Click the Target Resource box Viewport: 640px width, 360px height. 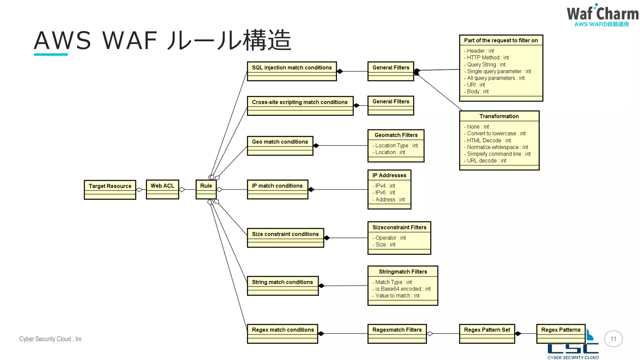[110, 189]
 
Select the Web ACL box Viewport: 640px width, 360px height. [162, 189]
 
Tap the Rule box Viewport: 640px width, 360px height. [206, 189]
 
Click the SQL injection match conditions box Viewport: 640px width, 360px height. [292, 71]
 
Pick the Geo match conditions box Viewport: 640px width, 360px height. [280, 145]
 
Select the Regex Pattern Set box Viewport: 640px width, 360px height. [487, 333]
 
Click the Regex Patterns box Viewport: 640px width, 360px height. [561, 333]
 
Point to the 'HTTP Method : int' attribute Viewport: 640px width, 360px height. [487, 57]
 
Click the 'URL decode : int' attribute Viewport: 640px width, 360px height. [486, 161]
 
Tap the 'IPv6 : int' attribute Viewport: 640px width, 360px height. [385, 192]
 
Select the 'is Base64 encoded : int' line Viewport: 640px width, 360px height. [402, 289]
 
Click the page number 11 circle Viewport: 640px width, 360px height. [613, 339]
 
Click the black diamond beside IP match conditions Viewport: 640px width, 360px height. [311, 189]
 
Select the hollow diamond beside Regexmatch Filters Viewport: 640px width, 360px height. [430, 334]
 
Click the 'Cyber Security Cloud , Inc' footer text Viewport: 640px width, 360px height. [50, 339]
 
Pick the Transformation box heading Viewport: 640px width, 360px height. [499, 116]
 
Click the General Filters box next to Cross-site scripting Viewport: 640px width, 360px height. [391, 105]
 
